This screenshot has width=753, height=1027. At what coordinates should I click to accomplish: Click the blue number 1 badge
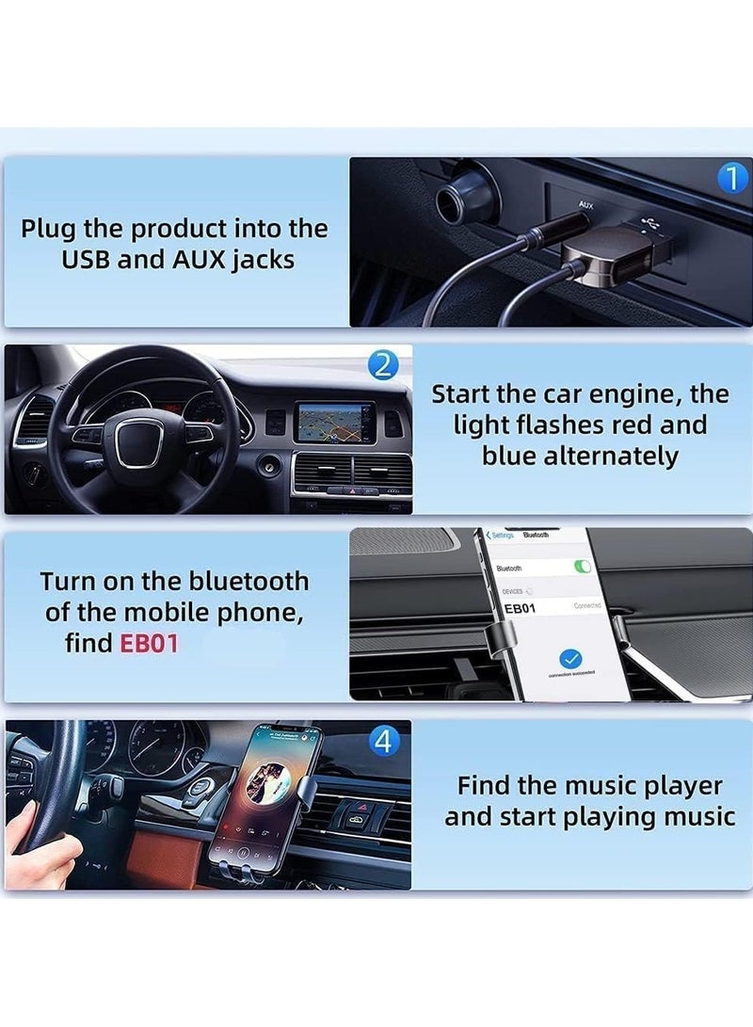732,178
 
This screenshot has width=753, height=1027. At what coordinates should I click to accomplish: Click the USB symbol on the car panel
649,222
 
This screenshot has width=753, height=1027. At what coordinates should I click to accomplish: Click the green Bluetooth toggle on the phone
584,567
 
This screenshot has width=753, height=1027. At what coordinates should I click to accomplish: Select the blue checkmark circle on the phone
570,658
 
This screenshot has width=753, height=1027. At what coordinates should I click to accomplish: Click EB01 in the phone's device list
521,609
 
